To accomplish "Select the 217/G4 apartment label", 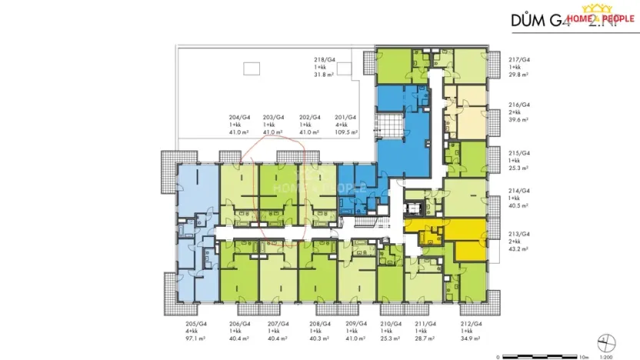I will coord(521,59).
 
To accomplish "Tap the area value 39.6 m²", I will coord(520,119).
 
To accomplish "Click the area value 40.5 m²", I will coord(521,205).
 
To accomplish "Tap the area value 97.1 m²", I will coord(187,338).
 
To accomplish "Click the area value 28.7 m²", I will coord(425,338).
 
